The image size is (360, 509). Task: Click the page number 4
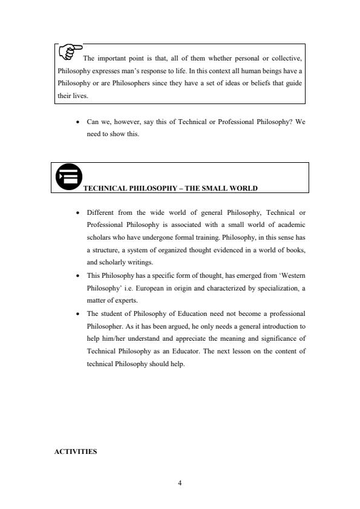pyautogui.click(x=180, y=483)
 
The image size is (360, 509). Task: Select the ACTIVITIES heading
pyautogui.click(x=76, y=451)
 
